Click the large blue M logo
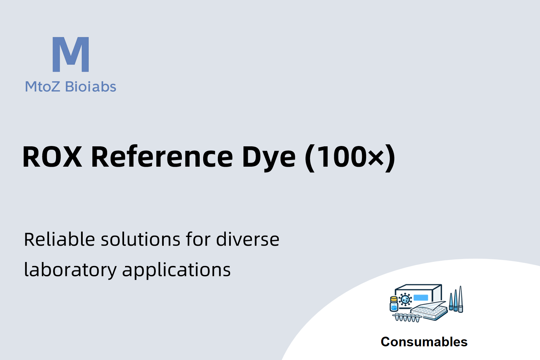[x=71, y=54]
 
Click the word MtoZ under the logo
[x=42, y=87]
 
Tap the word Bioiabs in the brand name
[x=91, y=86]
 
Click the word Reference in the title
[x=162, y=157]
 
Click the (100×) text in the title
[x=350, y=158]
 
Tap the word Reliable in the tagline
[x=59, y=239]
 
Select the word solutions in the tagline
[x=140, y=239]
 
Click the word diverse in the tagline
[x=247, y=239]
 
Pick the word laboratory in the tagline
[x=70, y=270]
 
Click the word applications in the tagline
[x=176, y=270]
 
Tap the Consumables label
[x=424, y=342]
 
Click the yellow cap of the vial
[x=394, y=299]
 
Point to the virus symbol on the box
[x=405, y=300]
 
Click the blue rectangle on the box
[x=421, y=298]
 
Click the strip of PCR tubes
[x=407, y=317]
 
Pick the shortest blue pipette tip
[x=451, y=301]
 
